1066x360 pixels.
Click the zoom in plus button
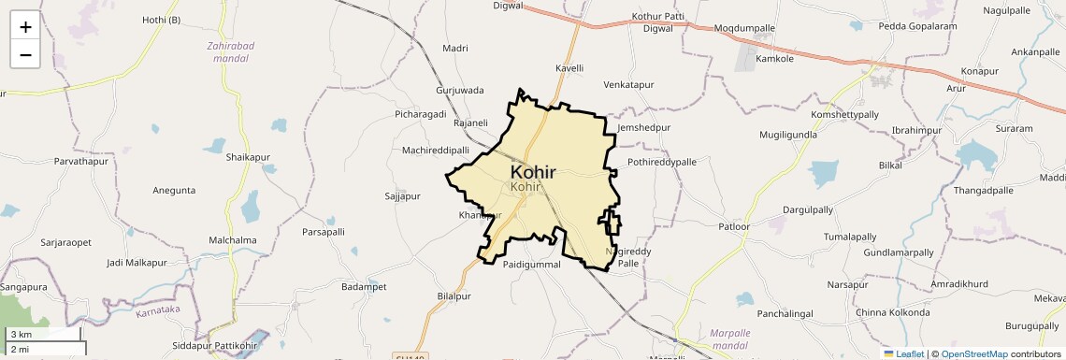25,27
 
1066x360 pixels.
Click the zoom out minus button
25,54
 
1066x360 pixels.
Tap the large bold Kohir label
533,172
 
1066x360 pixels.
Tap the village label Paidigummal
531,265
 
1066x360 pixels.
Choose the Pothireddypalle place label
662,162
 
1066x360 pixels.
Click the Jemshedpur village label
645,126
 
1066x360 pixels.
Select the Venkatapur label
628,85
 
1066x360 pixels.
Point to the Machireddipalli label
435,151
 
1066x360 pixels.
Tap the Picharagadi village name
421,114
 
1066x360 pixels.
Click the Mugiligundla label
788,135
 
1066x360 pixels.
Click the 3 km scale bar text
21,334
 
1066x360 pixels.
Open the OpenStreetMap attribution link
974,353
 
